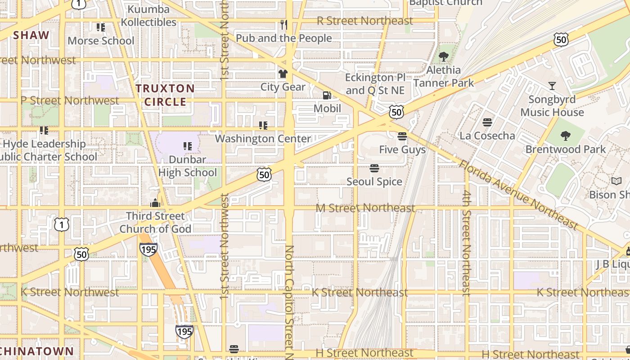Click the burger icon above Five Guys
coord(402,136)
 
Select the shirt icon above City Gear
coord(283,73)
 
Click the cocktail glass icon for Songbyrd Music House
coord(552,86)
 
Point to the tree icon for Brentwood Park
coord(565,135)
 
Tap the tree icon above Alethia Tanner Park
coord(444,57)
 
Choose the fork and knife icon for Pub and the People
coord(283,24)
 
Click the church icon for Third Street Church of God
coord(155,203)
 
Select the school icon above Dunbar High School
coord(188,146)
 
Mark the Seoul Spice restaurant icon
coord(374,168)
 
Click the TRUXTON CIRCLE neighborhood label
coord(165,95)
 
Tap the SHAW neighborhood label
coord(31,35)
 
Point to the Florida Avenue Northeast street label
coord(518,194)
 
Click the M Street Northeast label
coord(365,208)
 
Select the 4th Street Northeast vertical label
coord(467,243)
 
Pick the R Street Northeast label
coord(364,21)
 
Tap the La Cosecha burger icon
coord(487,122)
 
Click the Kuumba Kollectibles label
coord(148,15)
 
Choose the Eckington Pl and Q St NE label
coord(375,84)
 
